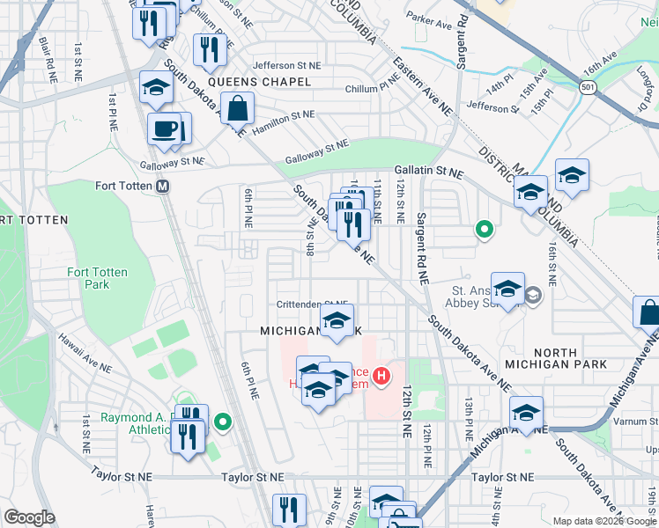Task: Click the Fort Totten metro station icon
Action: (x=162, y=187)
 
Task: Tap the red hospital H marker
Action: (x=381, y=378)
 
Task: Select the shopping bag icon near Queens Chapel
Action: (x=238, y=109)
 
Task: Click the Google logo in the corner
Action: (x=29, y=517)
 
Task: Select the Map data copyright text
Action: (x=604, y=521)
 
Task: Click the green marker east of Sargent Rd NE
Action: (x=484, y=231)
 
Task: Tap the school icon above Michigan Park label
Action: (x=336, y=321)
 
